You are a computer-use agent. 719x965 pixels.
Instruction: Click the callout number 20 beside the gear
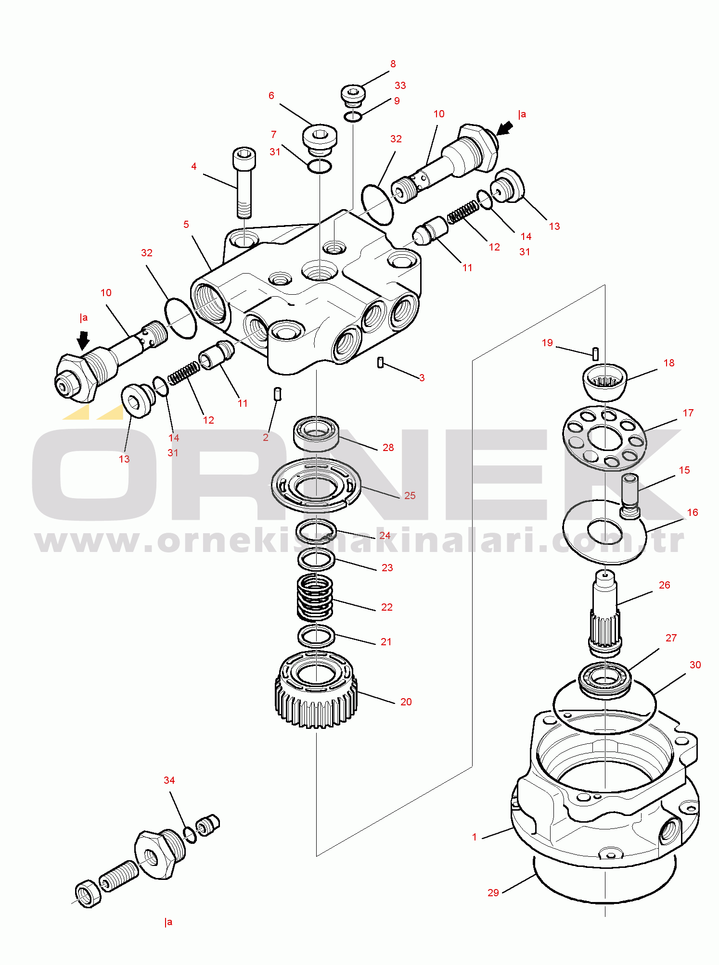[406, 702]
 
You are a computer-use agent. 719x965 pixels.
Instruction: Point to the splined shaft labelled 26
[604, 613]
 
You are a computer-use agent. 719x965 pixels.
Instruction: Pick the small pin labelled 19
[595, 353]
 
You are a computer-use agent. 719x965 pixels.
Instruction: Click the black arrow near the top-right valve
[504, 128]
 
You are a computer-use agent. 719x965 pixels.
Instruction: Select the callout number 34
[169, 780]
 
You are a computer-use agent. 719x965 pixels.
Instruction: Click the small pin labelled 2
[277, 394]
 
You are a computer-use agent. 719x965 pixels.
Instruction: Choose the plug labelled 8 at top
[353, 94]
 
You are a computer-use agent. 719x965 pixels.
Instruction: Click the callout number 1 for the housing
[474, 837]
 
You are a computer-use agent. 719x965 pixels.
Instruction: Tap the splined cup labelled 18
[604, 381]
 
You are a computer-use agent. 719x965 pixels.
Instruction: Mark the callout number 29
[493, 893]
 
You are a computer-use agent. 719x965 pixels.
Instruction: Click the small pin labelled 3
[380, 362]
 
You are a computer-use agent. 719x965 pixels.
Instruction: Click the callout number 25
[410, 496]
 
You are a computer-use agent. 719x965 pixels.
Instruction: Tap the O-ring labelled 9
[353, 116]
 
